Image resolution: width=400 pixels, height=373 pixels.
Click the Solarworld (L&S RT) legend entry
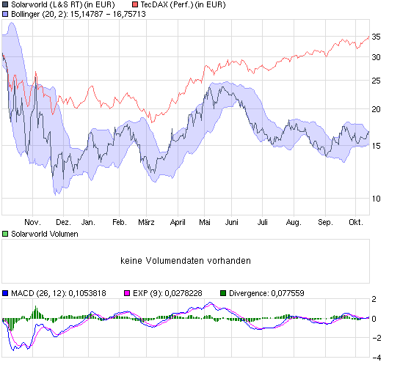(62, 4)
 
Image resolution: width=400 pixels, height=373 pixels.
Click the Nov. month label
(32, 222)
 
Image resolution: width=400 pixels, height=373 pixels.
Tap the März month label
(148, 222)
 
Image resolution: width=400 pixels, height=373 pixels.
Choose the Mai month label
(206, 222)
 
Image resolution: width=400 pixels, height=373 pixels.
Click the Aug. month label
(294, 222)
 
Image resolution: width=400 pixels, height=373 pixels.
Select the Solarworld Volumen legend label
(44, 234)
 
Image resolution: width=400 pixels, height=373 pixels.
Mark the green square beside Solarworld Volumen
(5, 234)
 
